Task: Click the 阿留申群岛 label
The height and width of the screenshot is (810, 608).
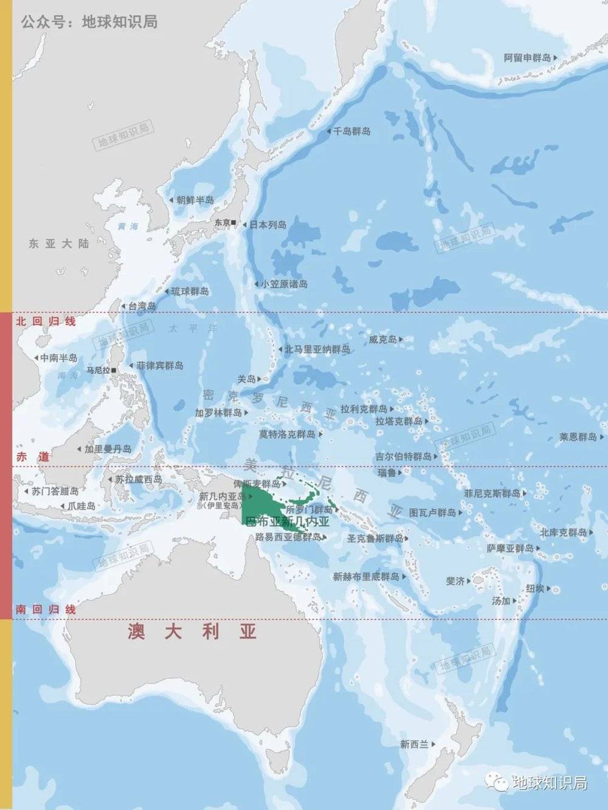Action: click(527, 58)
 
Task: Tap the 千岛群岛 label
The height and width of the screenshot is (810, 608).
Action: click(351, 131)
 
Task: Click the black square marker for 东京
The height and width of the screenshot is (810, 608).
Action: click(235, 224)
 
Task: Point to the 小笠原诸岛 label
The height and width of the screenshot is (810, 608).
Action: click(285, 284)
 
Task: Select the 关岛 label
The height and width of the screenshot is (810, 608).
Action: click(246, 379)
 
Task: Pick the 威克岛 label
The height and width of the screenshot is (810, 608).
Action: click(382, 340)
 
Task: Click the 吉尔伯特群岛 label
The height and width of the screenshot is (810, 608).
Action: click(403, 456)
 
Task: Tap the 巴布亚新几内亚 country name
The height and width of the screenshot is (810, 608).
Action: click(286, 522)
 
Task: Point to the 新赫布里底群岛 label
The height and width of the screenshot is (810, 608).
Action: click(366, 577)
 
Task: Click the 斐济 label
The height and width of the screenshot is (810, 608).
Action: click(455, 582)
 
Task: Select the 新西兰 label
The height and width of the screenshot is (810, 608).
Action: click(414, 744)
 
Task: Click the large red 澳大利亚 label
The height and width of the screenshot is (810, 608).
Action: click(192, 633)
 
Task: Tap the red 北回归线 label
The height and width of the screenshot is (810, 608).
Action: click(46, 321)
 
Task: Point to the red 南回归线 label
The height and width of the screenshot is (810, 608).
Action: click(46, 609)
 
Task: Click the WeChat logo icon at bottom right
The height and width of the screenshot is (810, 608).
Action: click(500, 783)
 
